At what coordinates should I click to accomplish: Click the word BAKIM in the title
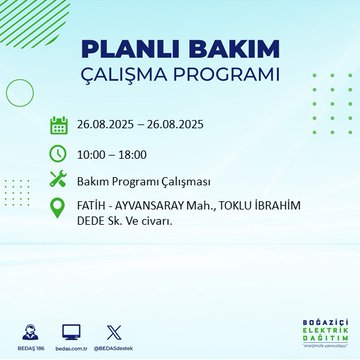coord(228,49)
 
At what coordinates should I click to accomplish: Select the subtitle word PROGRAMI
coord(234,76)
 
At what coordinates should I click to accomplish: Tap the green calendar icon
coord(59,126)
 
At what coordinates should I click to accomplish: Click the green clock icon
coord(59,153)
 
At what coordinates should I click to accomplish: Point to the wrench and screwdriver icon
coord(59,181)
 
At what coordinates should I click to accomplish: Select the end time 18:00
coord(140,154)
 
